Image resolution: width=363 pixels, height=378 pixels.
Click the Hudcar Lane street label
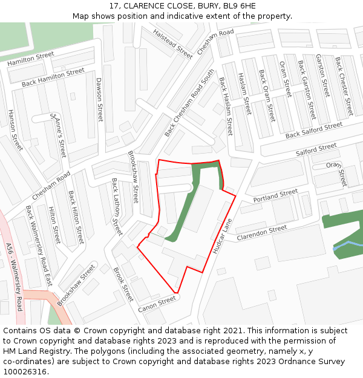pos(223,236)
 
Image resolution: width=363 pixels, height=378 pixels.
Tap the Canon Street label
pos(157,305)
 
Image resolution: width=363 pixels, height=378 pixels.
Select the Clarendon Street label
pos(261,232)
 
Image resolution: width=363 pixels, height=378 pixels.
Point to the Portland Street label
pos(275,195)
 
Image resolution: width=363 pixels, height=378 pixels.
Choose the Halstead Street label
pos(172,43)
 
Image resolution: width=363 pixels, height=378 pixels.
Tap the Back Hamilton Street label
pos(53,77)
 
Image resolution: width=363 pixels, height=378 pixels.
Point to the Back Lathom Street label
pos(117,206)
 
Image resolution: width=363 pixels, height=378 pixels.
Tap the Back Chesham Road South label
pos(190,102)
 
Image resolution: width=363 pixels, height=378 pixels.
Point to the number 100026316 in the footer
pos(25,372)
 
